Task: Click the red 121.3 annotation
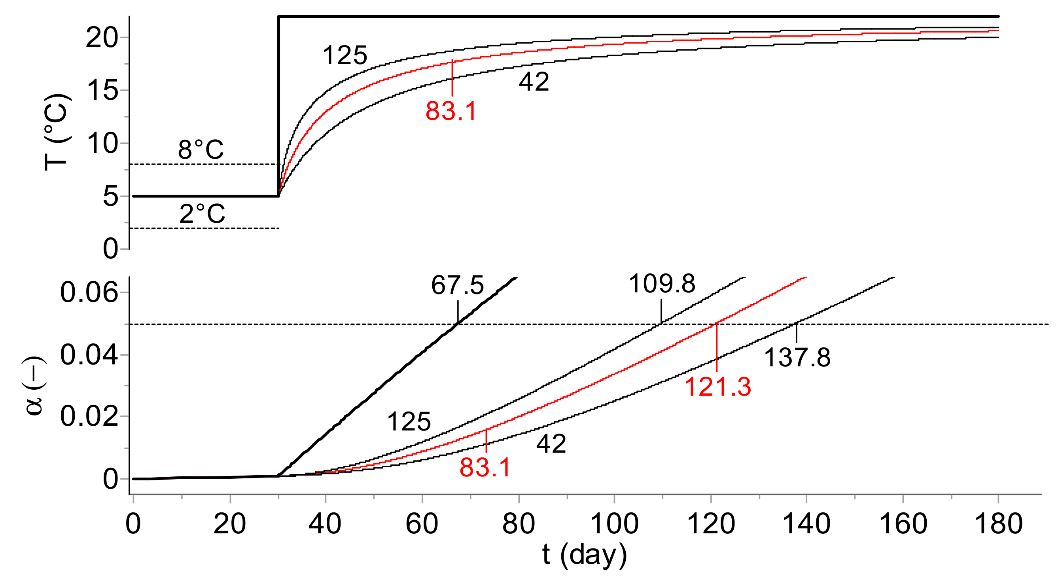(717, 387)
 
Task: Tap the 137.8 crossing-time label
(797, 357)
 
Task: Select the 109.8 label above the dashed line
(662, 284)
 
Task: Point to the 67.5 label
(457, 285)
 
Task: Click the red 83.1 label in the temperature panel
(451, 111)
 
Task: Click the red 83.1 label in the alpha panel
(485, 468)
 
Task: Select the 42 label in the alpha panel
(551, 444)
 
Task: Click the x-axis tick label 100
(614, 524)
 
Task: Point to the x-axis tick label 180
(999, 524)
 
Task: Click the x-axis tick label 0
(133, 524)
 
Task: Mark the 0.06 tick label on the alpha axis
(89, 293)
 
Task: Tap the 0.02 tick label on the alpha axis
(89, 416)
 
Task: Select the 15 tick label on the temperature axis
(102, 90)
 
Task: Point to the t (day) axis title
(584, 555)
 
